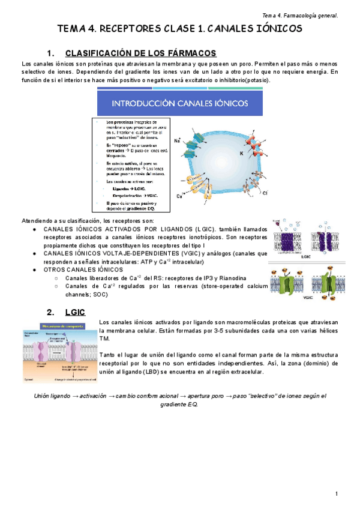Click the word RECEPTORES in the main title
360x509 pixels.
128,29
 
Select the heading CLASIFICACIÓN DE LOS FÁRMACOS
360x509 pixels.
140,53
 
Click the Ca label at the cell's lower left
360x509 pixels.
179,196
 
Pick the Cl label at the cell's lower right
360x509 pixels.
265,192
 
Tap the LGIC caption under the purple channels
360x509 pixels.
306,256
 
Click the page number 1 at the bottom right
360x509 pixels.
337,493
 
